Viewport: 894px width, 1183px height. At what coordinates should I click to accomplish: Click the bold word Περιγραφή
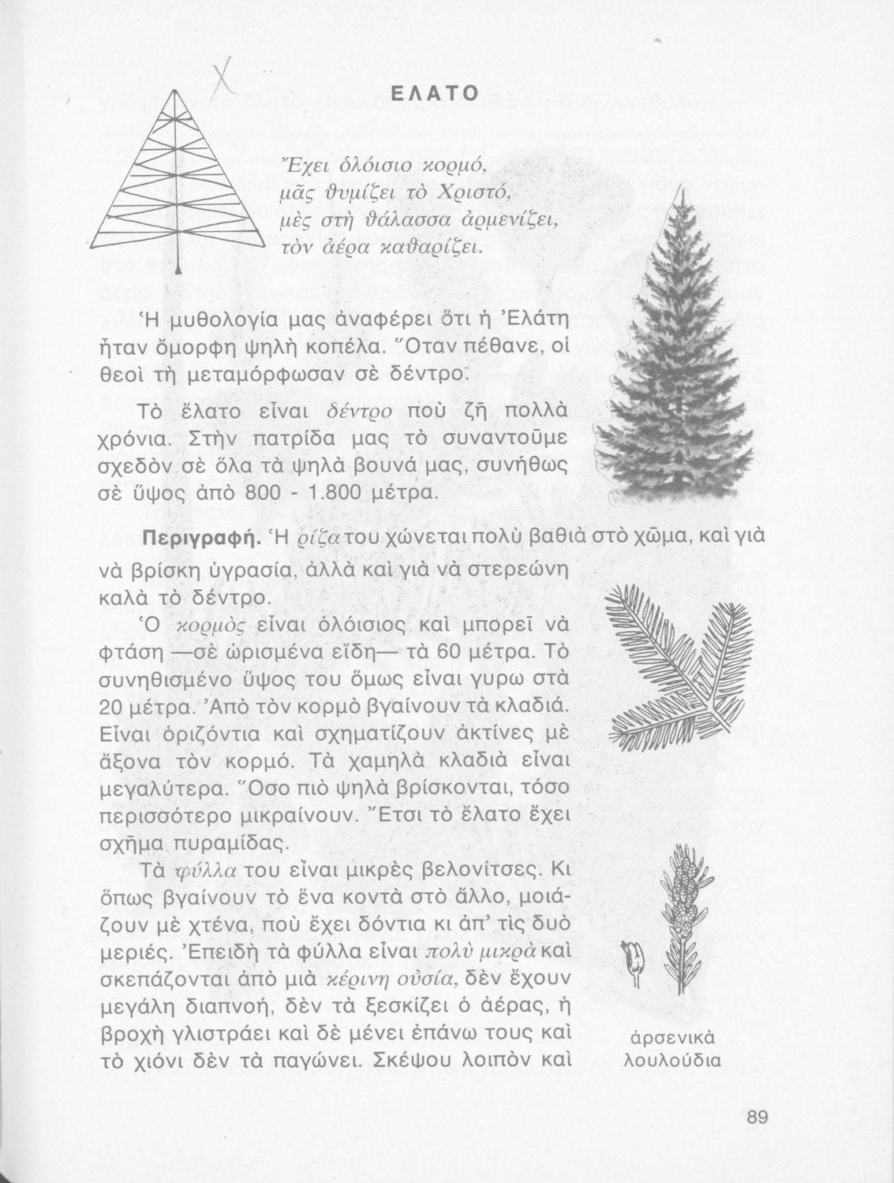tap(196, 539)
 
